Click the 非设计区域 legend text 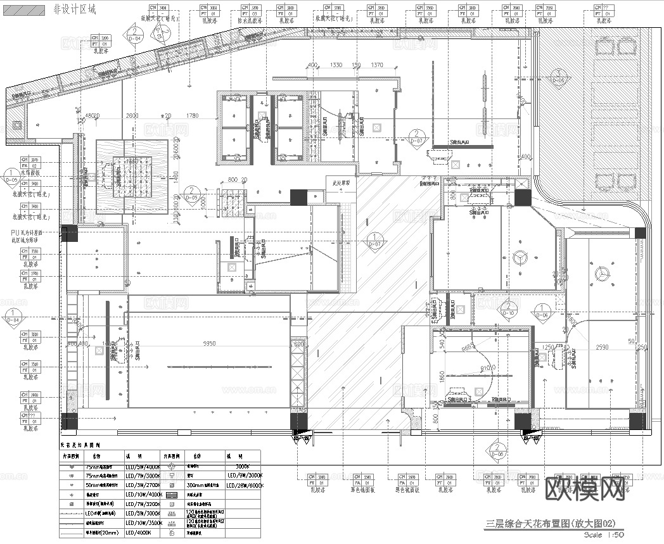(75, 10)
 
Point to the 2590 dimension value (602, 347)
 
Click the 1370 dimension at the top (377, 65)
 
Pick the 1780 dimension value (191, 116)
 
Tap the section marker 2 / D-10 (508, 310)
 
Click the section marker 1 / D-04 (12, 316)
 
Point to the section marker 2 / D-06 (496, 450)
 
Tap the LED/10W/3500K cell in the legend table (144, 523)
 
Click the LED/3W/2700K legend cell (144, 484)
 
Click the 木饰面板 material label (30, 172)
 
